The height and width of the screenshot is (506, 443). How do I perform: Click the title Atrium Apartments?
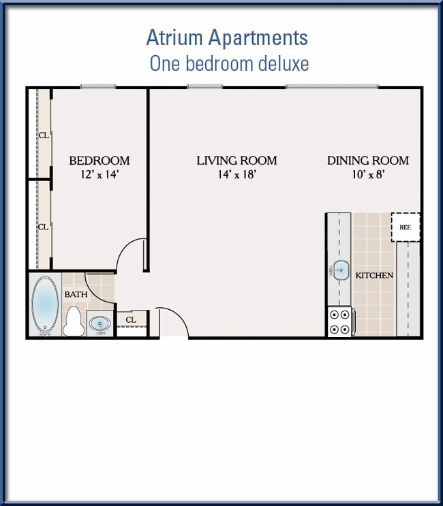point(227,37)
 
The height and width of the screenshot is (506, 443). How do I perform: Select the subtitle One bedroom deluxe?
point(229,63)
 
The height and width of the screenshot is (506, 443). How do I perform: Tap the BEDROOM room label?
point(100,161)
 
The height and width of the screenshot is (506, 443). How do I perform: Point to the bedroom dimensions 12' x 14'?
point(100,174)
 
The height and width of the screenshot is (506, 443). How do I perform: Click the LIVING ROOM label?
point(236,161)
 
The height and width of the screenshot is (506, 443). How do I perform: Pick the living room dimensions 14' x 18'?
point(237,174)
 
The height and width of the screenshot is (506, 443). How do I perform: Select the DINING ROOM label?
point(368,161)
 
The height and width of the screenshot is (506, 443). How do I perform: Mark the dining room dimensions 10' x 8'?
point(368,174)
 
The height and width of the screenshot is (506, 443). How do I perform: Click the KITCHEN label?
point(374,275)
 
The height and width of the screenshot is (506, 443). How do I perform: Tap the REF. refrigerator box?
point(406,227)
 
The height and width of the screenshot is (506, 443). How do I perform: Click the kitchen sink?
point(340,270)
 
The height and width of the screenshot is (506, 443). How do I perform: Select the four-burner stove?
point(341,321)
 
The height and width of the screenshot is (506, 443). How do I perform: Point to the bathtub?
point(45,304)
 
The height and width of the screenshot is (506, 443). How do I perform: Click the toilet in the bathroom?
point(74,321)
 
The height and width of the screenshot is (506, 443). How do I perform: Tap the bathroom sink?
point(100,323)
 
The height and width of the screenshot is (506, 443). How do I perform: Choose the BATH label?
point(76,294)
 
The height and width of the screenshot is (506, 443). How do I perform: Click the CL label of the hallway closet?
point(131,320)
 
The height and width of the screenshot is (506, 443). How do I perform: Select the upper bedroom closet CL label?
point(44,136)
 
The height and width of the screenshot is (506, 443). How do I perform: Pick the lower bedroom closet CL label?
point(43,227)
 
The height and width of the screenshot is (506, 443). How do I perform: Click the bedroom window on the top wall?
point(98,86)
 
